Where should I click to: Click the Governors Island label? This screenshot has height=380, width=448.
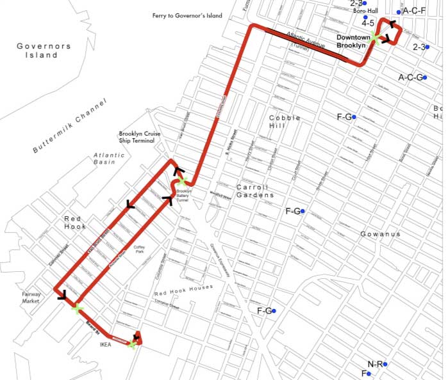click(x=37, y=51)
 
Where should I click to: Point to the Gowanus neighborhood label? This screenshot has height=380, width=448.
click(x=380, y=234)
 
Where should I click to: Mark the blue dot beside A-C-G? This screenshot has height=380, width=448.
click(x=424, y=77)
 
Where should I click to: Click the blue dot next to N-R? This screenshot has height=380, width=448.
click(x=385, y=364)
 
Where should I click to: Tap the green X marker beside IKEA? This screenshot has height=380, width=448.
click(x=131, y=344)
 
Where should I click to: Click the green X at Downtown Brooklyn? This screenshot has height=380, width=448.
click(x=376, y=38)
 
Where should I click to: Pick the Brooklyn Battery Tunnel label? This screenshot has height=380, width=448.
click(x=183, y=195)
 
